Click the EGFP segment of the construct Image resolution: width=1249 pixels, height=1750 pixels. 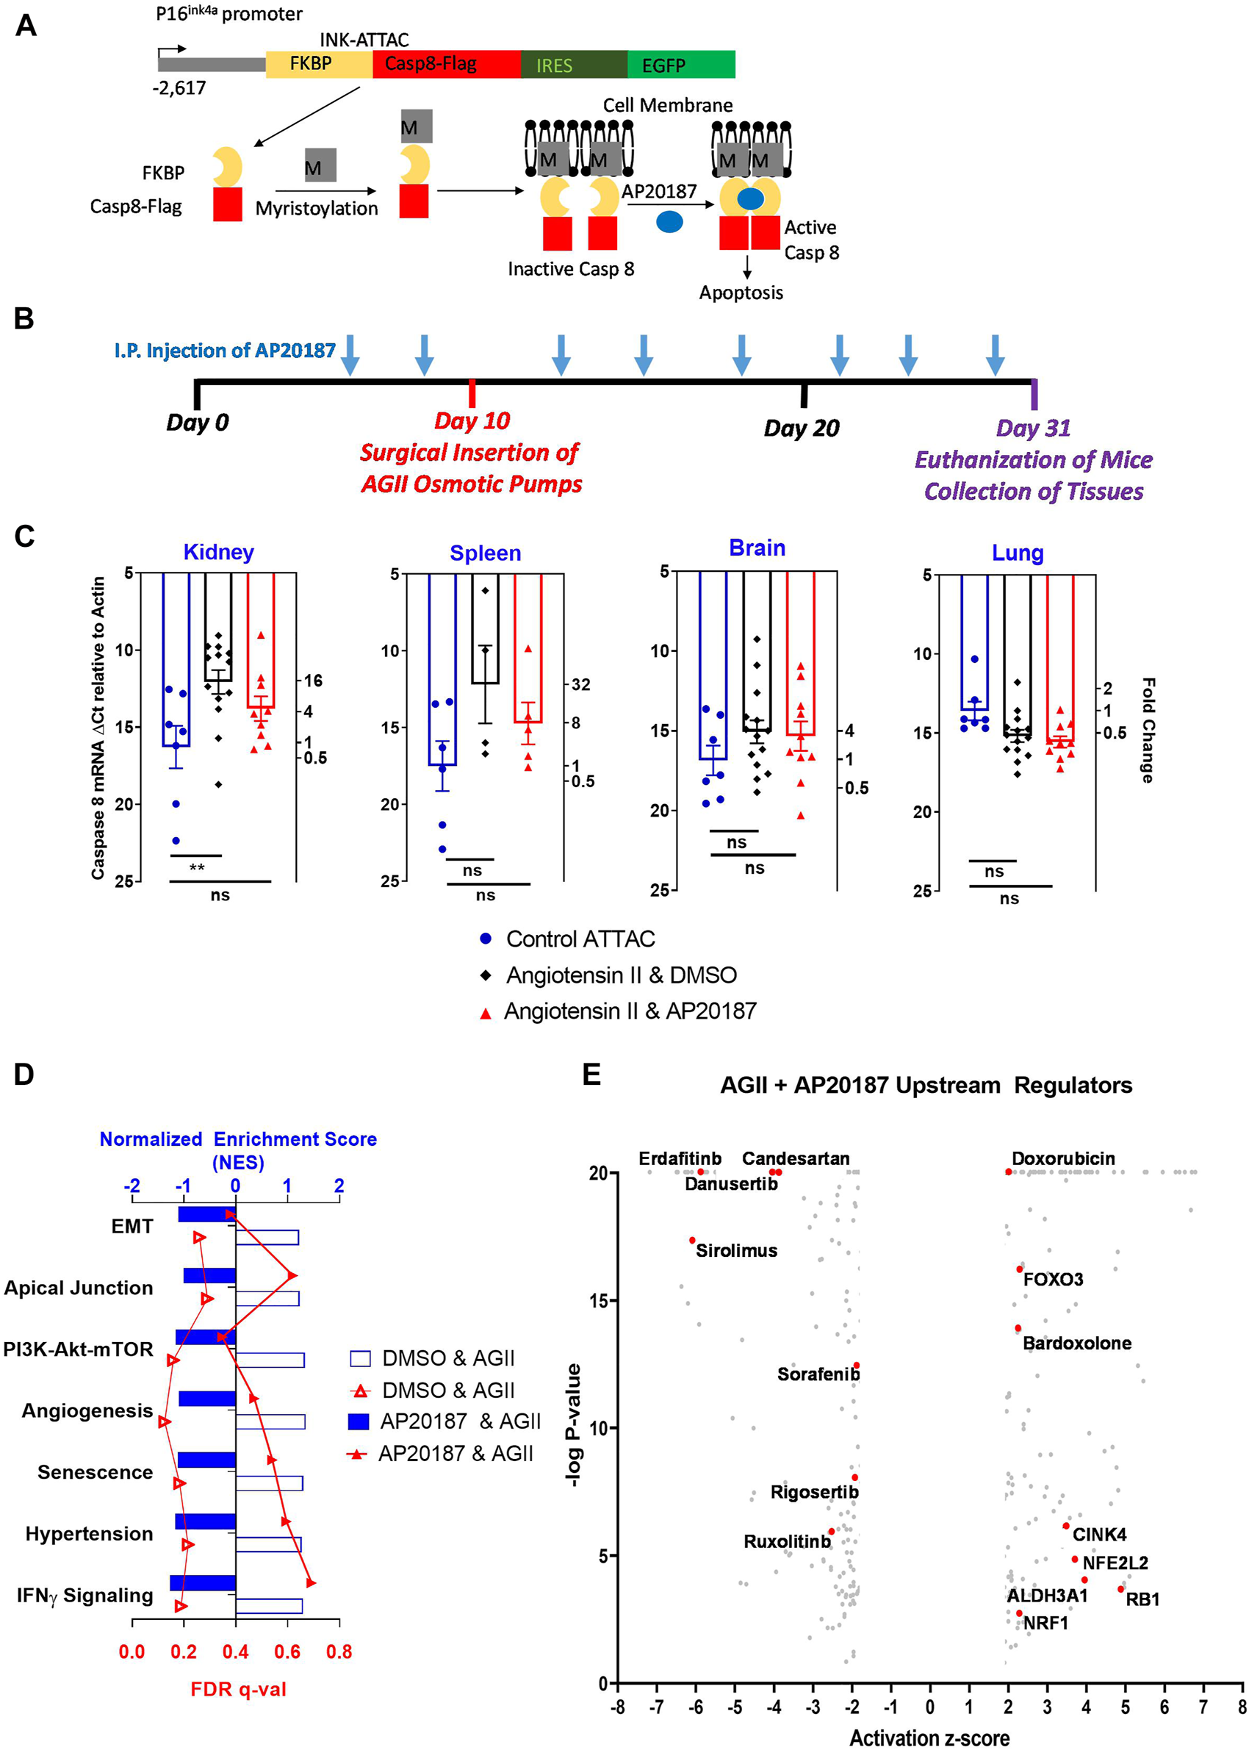[x=680, y=65]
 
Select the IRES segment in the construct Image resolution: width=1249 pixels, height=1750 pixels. [x=573, y=65]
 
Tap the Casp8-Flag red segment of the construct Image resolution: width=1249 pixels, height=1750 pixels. [x=446, y=64]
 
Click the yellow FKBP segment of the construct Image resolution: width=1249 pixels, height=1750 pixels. [x=318, y=64]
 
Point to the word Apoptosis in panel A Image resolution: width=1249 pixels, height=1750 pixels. [x=741, y=293]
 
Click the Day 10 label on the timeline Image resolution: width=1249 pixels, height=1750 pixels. [x=472, y=420]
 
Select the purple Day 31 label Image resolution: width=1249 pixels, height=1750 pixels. [x=1033, y=428]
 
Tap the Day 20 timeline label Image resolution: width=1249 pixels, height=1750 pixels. [x=802, y=428]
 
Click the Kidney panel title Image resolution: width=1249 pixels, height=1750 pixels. [x=218, y=552]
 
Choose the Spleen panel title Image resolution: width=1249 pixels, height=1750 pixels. [x=486, y=553]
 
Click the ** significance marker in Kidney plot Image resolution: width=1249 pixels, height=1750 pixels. [x=197, y=869]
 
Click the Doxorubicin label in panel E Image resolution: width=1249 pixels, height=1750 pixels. [x=1063, y=1158]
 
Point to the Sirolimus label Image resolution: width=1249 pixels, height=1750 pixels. [x=736, y=1251]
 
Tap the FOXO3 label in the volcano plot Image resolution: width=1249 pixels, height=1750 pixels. [x=1053, y=1279]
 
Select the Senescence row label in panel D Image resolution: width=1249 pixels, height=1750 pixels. [x=96, y=1472]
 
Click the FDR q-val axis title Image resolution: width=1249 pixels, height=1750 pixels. [x=239, y=1689]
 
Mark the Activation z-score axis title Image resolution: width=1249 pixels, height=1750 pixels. [x=929, y=1732]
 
